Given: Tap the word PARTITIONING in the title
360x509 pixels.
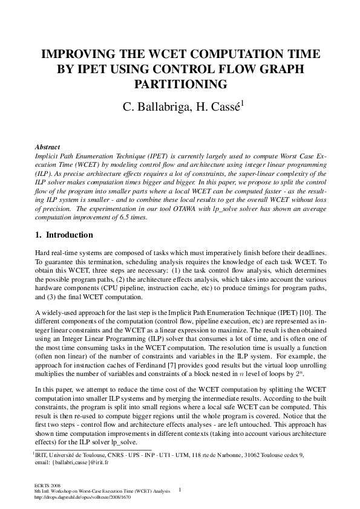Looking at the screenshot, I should pyautogui.click(x=180, y=83).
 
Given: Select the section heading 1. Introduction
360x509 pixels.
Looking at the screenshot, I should pyautogui.click(x=64, y=235).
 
